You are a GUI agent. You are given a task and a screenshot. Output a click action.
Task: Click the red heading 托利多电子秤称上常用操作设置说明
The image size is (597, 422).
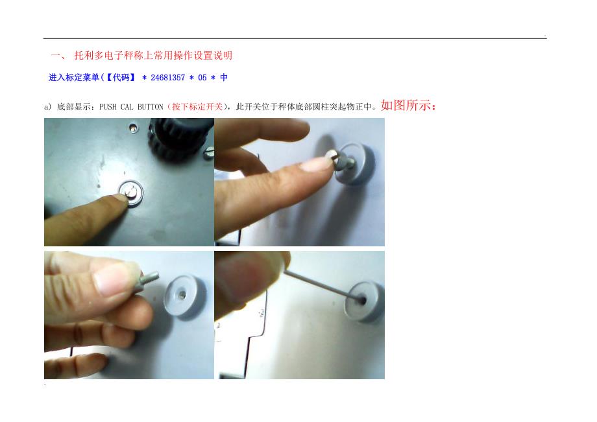(x=153, y=56)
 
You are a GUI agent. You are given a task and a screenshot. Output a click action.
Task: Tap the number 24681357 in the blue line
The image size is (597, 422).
(x=167, y=78)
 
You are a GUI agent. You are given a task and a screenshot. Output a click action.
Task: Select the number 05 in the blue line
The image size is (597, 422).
(x=202, y=78)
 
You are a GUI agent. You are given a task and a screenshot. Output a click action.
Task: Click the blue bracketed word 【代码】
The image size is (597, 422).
(x=120, y=78)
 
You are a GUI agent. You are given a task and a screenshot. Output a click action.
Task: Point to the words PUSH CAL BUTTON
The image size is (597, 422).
(x=131, y=107)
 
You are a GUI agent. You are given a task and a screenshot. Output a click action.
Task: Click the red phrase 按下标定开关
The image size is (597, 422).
(x=197, y=107)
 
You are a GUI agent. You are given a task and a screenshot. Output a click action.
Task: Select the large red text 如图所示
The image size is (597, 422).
(x=406, y=105)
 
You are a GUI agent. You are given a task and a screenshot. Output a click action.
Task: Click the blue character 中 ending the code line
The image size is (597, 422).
(x=224, y=78)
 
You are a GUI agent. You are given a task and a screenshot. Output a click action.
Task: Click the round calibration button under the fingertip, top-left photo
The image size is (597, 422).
(x=131, y=193)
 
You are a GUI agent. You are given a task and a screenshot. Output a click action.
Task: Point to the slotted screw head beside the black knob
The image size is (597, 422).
(x=209, y=153)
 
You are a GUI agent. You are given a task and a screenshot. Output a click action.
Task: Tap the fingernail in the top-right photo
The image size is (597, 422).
(x=315, y=164)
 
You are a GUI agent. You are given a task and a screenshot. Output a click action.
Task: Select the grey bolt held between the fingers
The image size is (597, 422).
(x=147, y=280)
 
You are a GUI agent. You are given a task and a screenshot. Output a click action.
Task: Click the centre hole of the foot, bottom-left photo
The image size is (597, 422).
(x=182, y=294)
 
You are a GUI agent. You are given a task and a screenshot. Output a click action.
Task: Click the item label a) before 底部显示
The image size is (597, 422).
(x=47, y=107)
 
